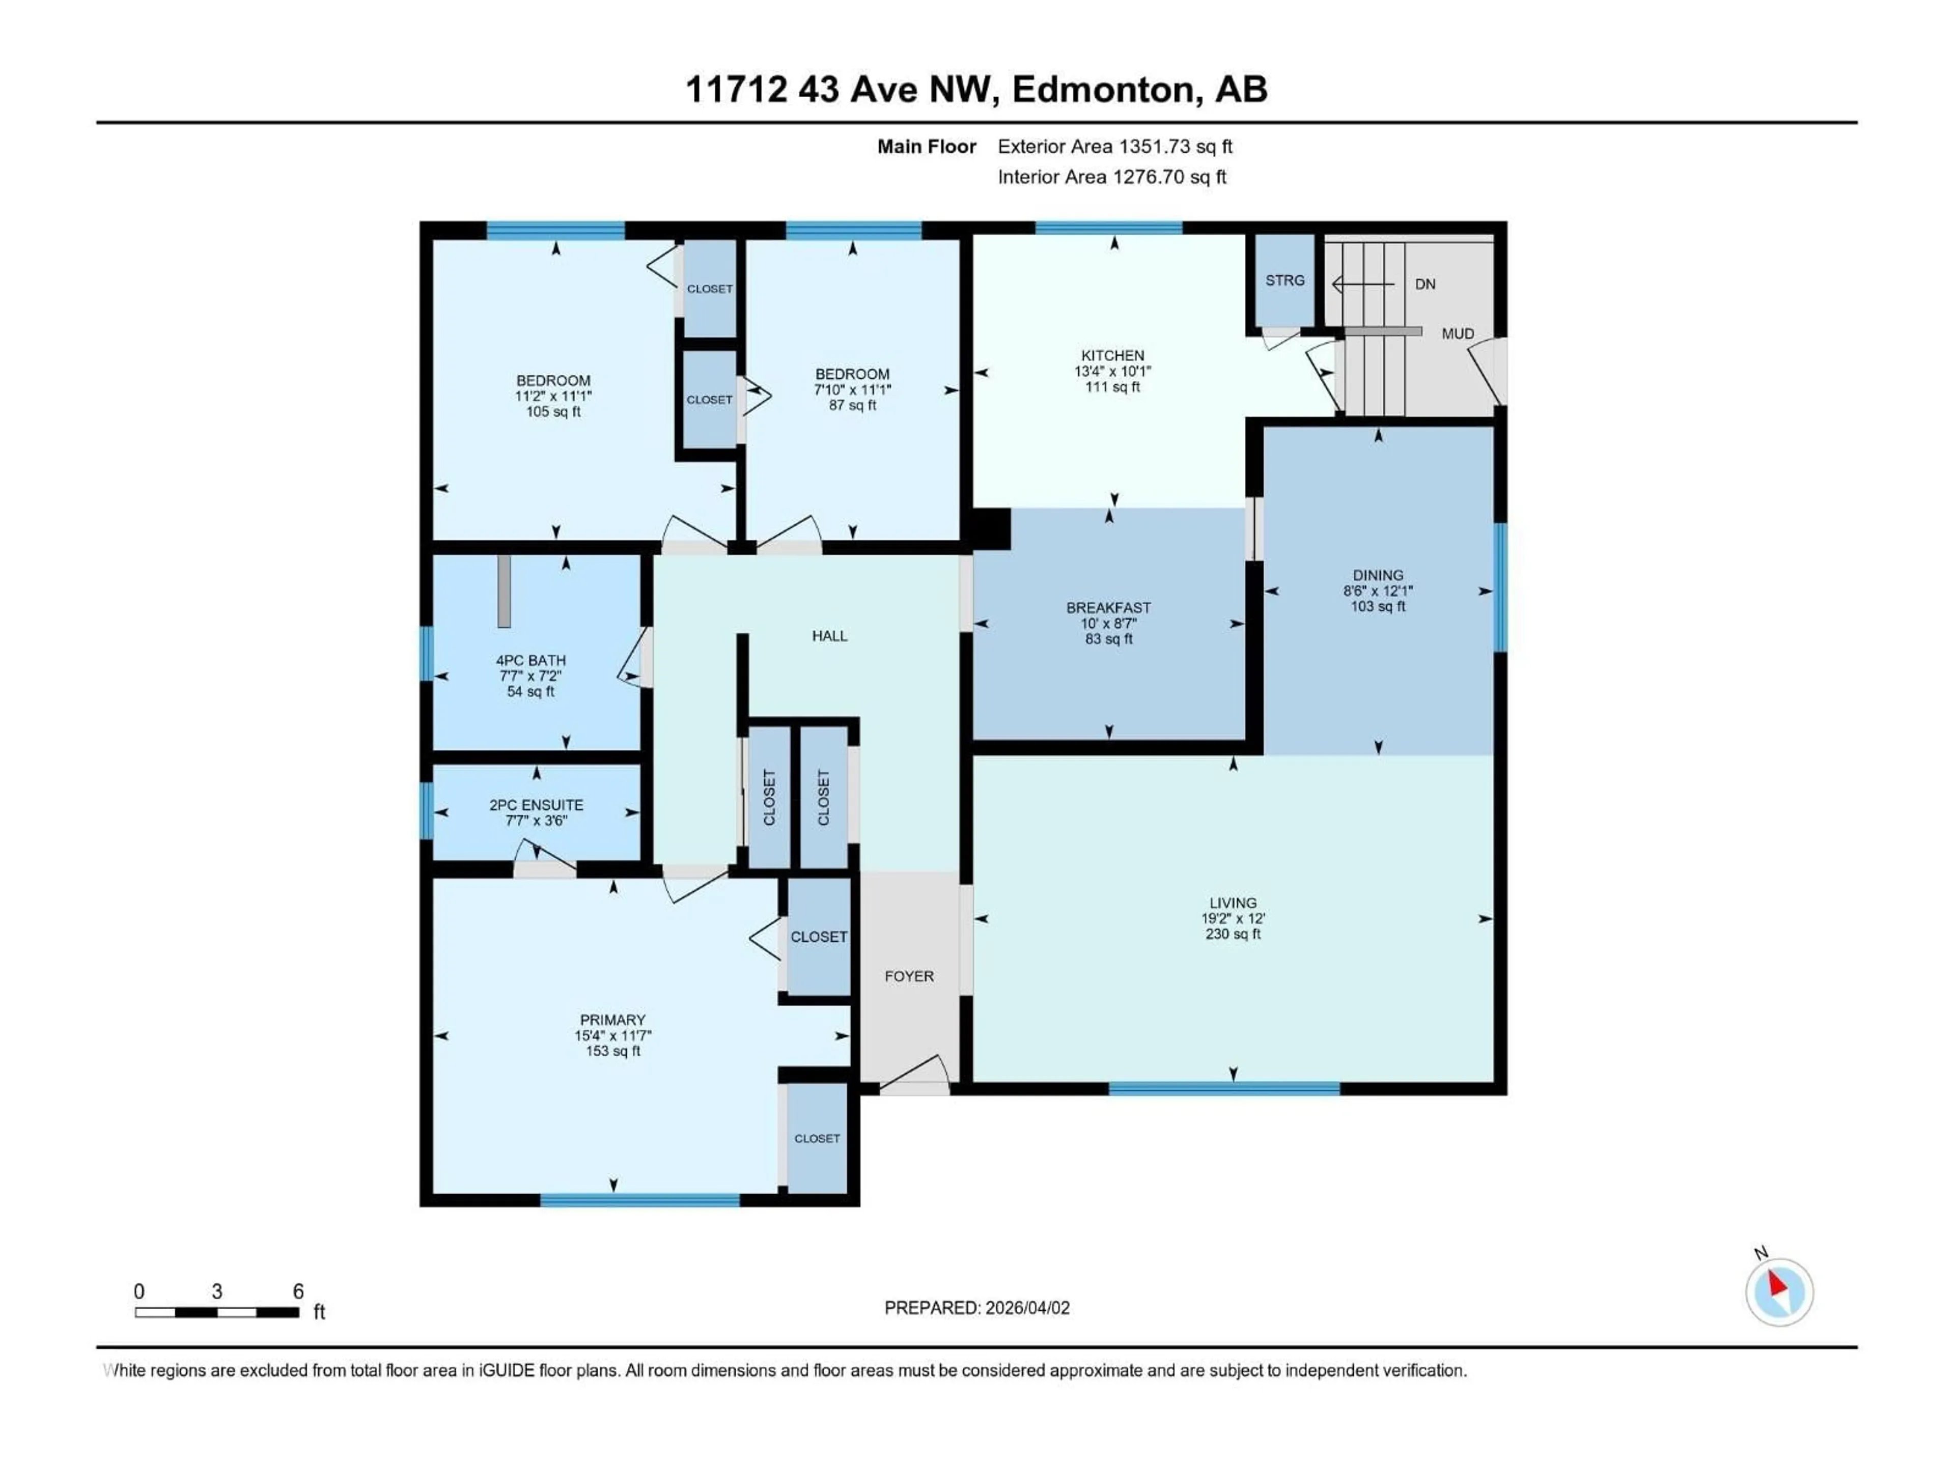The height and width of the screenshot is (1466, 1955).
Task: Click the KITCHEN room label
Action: click(x=1113, y=355)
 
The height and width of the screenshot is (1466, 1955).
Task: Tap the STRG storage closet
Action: click(x=1284, y=280)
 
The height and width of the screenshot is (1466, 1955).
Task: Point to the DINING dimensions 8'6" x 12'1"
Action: click(x=1378, y=591)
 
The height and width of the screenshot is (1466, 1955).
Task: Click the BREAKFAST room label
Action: click(x=1108, y=608)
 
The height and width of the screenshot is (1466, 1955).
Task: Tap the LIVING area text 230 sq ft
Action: click(x=1233, y=934)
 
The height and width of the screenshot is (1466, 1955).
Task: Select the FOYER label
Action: click(x=909, y=976)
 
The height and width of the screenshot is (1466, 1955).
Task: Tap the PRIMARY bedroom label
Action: click(x=612, y=1020)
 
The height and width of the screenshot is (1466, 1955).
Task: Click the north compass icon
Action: click(x=1779, y=1292)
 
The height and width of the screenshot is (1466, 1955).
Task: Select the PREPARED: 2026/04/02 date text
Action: click(x=976, y=1308)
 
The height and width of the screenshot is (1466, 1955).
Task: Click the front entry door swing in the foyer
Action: click(x=915, y=1073)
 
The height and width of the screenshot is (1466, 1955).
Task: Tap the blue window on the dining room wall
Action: click(x=1500, y=587)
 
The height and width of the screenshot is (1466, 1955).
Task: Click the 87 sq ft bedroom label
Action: click(x=852, y=406)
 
